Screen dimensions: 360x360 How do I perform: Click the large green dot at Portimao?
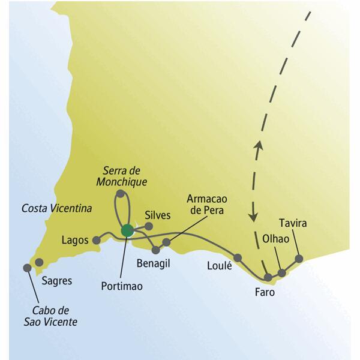click(x=127, y=230)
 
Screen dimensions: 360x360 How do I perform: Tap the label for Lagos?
click(x=75, y=240)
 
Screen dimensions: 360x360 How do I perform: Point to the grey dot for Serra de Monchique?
click(x=121, y=194)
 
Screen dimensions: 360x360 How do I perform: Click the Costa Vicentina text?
click(x=56, y=209)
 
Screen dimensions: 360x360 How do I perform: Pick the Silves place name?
click(x=158, y=215)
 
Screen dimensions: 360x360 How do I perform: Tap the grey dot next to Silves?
click(x=149, y=226)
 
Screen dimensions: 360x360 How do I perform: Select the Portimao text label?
click(x=122, y=286)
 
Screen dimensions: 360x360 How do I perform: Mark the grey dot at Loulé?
click(x=238, y=258)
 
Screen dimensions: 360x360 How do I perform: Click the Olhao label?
click(x=276, y=239)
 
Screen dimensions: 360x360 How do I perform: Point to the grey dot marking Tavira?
click(x=299, y=259)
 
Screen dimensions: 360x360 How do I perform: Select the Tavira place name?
click(x=293, y=224)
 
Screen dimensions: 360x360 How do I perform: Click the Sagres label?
click(x=57, y=281)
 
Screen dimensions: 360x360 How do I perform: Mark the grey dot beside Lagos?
click(x=96, y=240)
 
